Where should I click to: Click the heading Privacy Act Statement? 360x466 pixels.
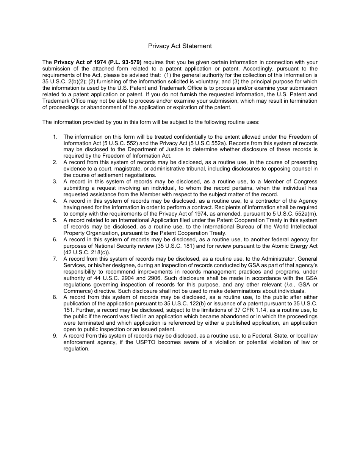coord(180,46)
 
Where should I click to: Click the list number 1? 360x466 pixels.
coord(55,137)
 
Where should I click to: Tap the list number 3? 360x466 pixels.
coord(55,181)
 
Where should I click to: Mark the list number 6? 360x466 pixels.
coord(55,239)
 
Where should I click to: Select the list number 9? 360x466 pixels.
coord(55,336)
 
